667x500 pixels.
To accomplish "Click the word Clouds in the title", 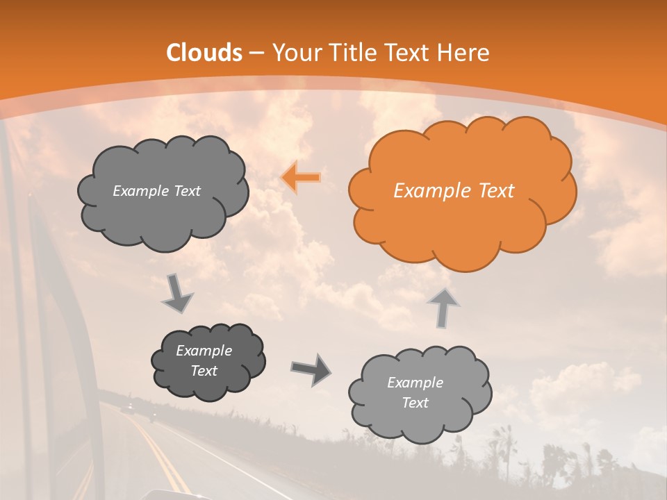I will (204, 53).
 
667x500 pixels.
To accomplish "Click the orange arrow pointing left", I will (301, 178).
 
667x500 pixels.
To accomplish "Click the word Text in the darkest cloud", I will (204, 371).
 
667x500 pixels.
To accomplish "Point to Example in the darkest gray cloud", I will (204, 351).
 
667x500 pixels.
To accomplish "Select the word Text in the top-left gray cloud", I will (186, 191).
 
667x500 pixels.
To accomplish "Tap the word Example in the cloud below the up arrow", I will (415, 383).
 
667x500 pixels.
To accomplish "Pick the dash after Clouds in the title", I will (256, 53).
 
